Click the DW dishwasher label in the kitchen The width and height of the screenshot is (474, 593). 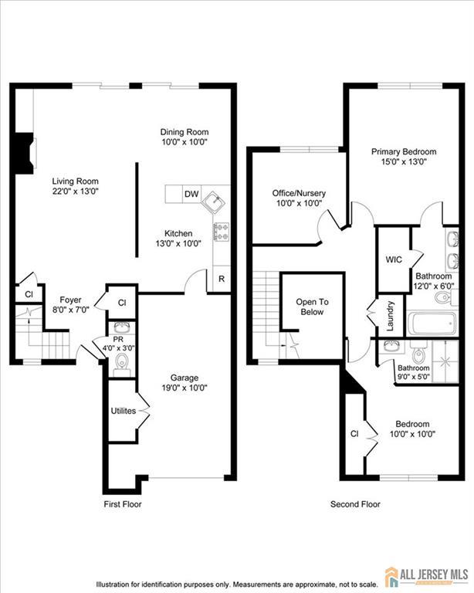pos(191,194)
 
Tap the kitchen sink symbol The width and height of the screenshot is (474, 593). pos(214,201)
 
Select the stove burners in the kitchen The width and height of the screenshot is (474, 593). pos(222,232)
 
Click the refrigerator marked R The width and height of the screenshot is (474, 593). pos(222,279)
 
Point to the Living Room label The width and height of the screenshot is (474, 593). pos(75,181)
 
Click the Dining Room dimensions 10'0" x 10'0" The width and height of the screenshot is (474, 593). pos(185,142)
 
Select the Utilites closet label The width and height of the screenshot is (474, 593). pos(124,411)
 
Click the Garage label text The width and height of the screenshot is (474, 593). pos(185,378)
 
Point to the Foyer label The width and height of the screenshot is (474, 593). pos(71,300)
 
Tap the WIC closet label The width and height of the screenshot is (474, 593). pos(394,259)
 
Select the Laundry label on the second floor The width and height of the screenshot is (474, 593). pos(391,316)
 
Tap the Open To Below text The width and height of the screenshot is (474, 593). pos(312,307)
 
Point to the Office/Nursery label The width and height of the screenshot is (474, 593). pos(299,193)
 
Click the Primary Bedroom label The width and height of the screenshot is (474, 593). pos(404,151)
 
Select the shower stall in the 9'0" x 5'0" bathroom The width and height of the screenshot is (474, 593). pos(445,361)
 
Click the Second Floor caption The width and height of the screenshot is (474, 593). pos(355,504)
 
